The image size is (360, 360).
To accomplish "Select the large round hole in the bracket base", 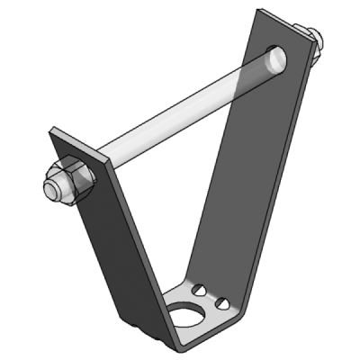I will (x=190, y=317).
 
